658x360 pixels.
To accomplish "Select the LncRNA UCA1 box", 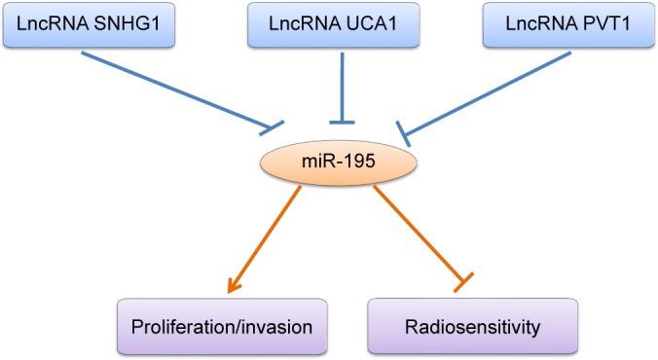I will click(x=329, y=24).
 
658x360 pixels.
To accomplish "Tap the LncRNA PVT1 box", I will click(x=567, y=24).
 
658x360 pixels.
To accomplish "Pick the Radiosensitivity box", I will click(x=473, y=326).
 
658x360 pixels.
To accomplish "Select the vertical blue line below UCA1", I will click(x=341, y=84).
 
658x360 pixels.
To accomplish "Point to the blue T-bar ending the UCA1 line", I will click(x=341, y=121).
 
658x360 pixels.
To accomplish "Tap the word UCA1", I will click(x=367, y=24).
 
